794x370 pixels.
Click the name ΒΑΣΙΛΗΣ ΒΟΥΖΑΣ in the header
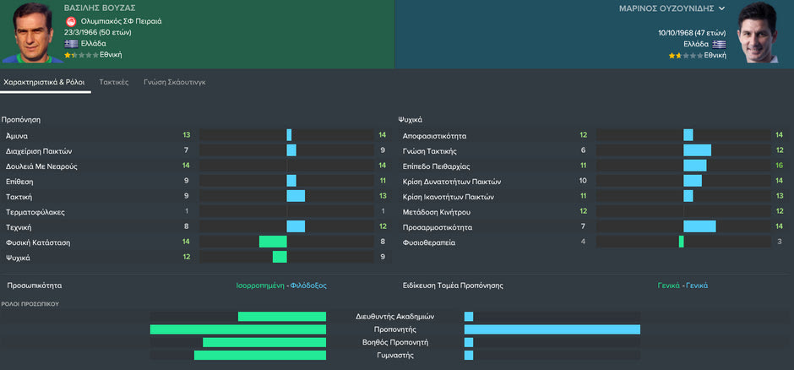(100, 8)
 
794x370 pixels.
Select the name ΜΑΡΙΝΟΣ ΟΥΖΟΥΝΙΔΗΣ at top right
(666, 8)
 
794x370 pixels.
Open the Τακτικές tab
(113, 82)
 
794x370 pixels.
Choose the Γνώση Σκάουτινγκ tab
(174, 82)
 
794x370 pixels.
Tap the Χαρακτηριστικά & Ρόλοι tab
(44, 82)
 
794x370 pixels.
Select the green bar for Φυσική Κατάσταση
(273, 242)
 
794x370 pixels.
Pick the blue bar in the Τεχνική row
(296, 226)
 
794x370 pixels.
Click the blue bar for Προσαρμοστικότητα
(699, 226)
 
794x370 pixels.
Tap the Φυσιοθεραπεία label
(429, 242)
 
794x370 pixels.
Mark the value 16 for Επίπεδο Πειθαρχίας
(779, 166)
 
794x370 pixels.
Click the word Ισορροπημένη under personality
(261, 286)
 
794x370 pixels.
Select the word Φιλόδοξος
(308, 286)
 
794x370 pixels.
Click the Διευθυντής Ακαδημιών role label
(394, 317)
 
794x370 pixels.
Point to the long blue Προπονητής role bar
(552, 329)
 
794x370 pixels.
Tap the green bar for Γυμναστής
(260, 356)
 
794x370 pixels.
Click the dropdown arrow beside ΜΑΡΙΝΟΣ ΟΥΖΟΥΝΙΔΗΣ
(721, 8)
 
